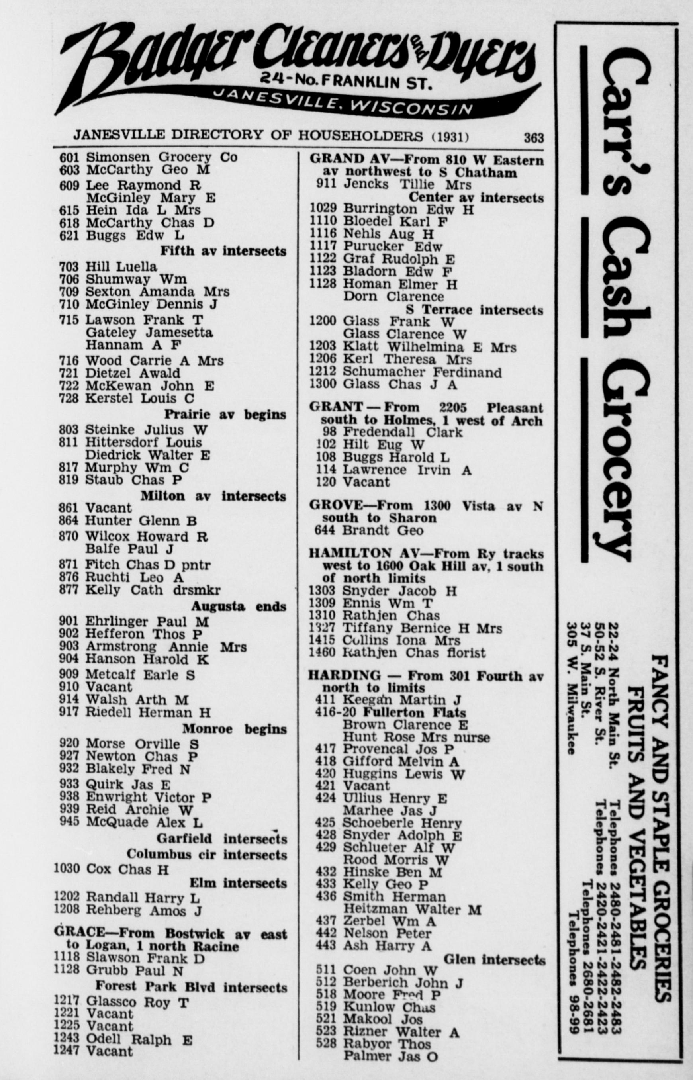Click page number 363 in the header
(533, 137)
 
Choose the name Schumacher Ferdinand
(422, 372)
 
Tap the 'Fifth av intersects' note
(223, 251)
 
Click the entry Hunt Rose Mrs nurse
(416, 737)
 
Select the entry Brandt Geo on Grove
(382, 530)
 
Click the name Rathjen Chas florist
(414, 653)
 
